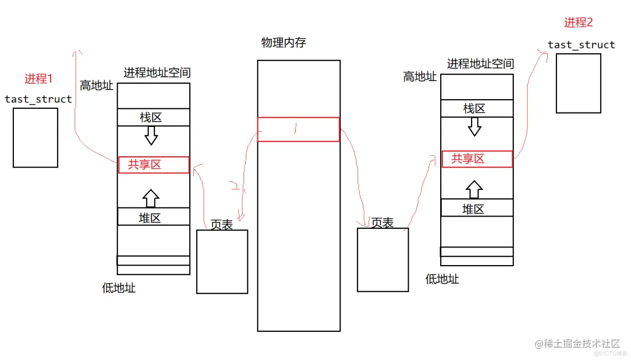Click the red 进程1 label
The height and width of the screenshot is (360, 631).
(39, 79)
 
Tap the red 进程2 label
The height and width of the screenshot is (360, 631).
(578, 22)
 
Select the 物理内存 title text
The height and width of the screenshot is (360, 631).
(284, 43)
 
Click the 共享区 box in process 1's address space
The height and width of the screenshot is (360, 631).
(153, 165)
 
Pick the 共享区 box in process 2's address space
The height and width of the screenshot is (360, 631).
(477, 159)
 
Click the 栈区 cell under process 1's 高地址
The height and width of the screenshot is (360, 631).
(153, 117)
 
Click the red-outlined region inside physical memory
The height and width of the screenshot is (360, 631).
(298, 130)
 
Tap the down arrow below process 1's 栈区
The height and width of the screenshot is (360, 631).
(151, 135)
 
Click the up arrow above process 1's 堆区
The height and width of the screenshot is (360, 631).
(151, 198)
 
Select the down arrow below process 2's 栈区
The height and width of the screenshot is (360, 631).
(474, 126)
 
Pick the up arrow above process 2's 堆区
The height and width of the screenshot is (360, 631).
(474, 189)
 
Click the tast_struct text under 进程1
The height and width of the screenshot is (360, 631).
(38, 99)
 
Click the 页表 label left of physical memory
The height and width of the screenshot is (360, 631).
(222, 225)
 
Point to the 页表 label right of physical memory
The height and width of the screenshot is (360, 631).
(382, 222)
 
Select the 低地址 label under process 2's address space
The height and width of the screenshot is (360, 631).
(442, 279)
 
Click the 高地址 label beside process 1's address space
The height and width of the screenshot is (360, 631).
(96, 85)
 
